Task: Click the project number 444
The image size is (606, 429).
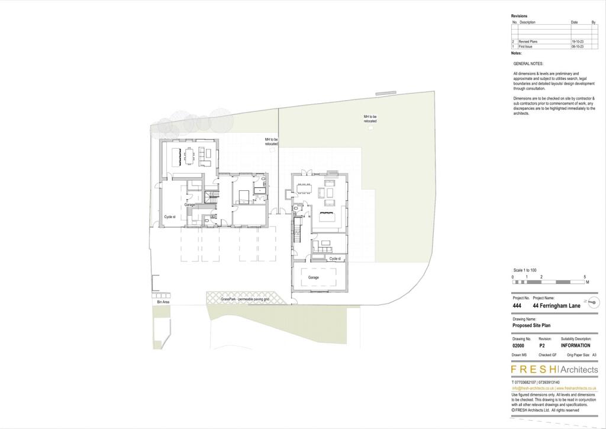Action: tap(517, 306)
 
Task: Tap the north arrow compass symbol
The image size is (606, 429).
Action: tap(591, 302)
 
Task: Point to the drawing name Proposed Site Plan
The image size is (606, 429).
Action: tap(533, 325)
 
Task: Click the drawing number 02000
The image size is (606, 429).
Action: tap(518, 345)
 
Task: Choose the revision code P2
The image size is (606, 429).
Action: tap(541, 345)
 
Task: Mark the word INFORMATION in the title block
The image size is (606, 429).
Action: tap(575, 345)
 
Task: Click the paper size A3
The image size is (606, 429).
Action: tap(594, 355)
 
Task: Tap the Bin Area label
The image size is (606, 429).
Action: tap(163, 302)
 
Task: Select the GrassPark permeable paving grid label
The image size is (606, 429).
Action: tap(245, 300)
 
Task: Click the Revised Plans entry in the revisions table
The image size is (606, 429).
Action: tap(528, 41)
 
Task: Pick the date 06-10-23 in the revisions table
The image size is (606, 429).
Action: tap(578, 46)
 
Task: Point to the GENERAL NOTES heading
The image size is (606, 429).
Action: tap(528, 63)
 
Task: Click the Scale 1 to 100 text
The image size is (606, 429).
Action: tap(524, 270)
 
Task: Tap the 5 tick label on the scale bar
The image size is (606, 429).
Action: tap(585, 277)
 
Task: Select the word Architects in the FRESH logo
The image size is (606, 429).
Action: tap(575, 370)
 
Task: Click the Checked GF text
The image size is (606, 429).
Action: tap(547, 355)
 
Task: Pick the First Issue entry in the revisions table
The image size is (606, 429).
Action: tap(526, 46)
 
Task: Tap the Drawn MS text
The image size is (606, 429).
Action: tap(519, 355)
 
